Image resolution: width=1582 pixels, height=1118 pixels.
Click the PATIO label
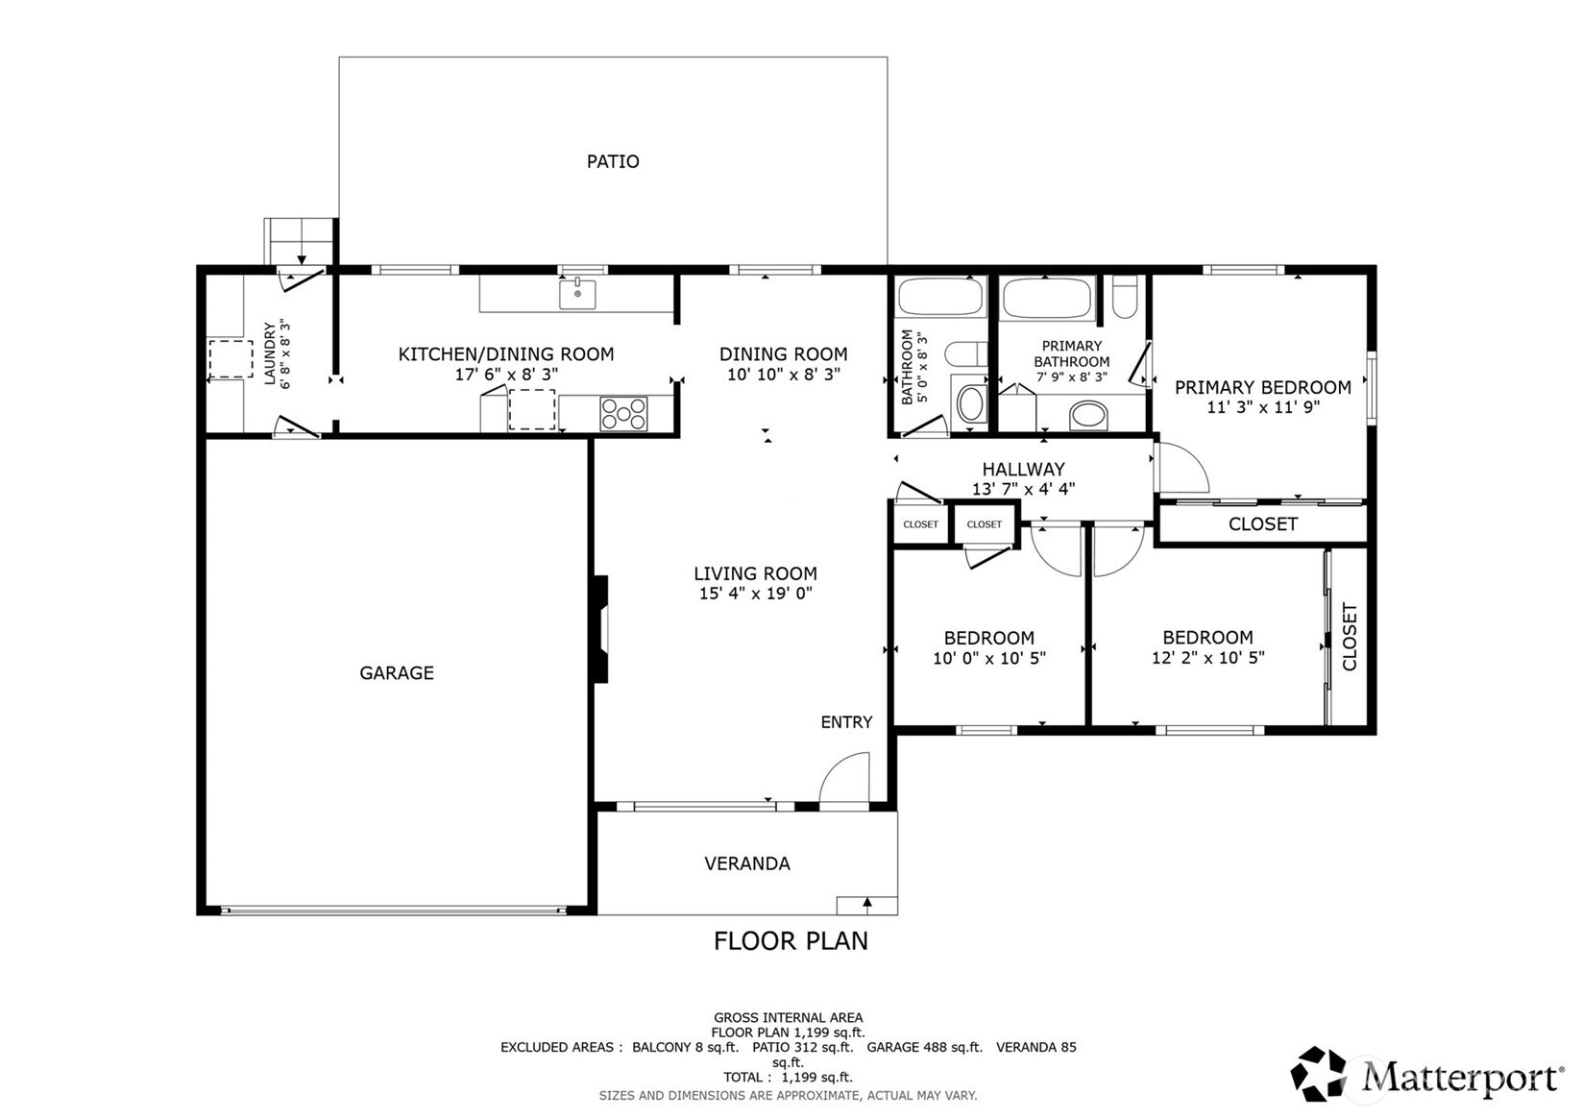click(x=613, y=161)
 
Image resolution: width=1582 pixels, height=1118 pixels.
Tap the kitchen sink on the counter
click(x=577, y=294)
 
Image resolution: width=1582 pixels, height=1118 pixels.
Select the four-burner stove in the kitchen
click(x=623, y=413)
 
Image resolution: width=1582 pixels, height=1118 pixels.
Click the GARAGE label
click(x=397, y=673)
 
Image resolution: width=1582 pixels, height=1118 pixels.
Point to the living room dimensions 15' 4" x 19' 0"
click(x=756, y=594)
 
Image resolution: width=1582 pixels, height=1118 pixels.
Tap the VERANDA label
click(x=747, y=863)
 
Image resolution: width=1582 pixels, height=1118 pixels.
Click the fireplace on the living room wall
click(x=601, y=629)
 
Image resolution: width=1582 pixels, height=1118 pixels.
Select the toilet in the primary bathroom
click(x=1124, y=298)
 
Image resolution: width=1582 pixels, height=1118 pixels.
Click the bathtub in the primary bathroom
click(x=1047, y=298)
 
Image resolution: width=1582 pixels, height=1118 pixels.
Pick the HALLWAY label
click(x=1023, y=469)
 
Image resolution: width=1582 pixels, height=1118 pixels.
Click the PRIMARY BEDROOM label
click(x=1263, y=387)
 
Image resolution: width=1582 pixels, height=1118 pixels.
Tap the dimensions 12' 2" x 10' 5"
click(x=1207, y=658)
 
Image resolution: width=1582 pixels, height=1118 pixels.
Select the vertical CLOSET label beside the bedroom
click(x=1350, y=637)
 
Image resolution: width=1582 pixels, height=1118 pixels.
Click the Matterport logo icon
click(x=1320, y=1074)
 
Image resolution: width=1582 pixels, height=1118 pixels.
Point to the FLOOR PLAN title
click(x=791, y=941)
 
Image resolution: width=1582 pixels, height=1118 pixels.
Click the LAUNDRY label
click(x=270, y=353)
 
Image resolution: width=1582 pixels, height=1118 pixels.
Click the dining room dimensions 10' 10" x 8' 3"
click(x=784, y=375)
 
